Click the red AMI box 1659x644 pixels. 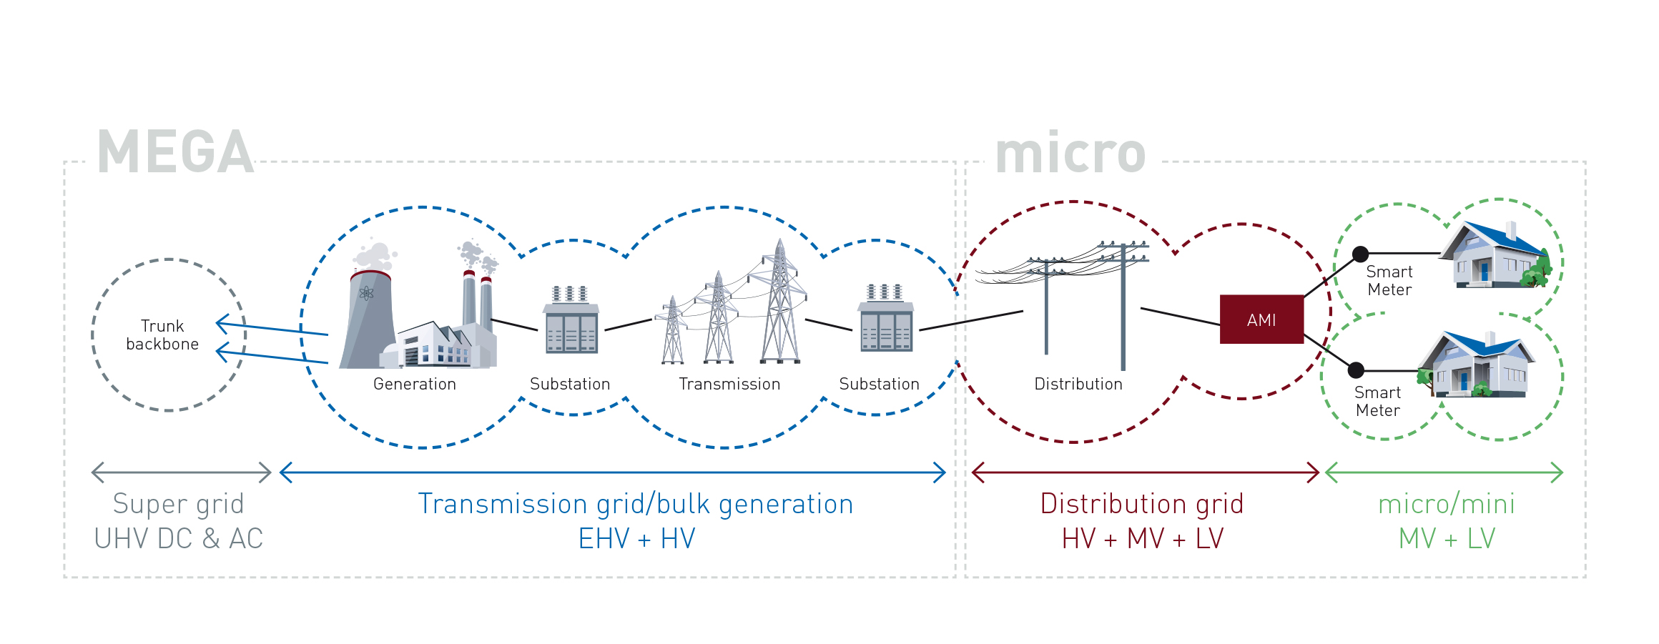pos(1261,319)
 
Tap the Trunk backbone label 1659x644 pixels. pos(162,335)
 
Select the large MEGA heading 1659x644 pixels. pos(176,152)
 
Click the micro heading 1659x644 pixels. pos(1070,152)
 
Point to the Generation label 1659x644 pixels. pos(415,384)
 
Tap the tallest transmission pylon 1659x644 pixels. pos(780,304)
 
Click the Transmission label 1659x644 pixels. pos(729,384)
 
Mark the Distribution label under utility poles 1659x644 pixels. pos(1078,384)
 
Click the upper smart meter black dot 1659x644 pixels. pos(1361,254)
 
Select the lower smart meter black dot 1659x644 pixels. pos(1356,370)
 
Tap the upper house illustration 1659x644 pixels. pos(1495,256)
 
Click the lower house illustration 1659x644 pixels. pos(1476,365)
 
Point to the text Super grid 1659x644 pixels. pos(179,504)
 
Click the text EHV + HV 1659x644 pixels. pos(636,538)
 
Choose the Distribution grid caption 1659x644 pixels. pos(1142,504)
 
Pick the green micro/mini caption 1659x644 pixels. pos(1447,504)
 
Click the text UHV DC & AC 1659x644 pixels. pos(179,538)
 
